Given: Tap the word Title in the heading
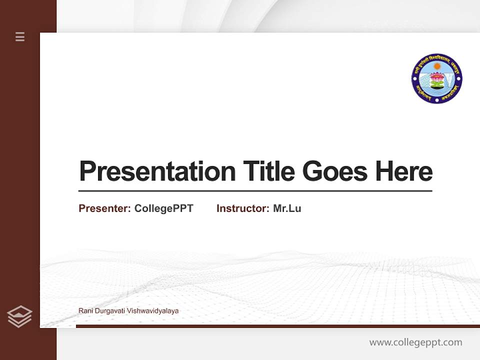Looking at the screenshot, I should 268,171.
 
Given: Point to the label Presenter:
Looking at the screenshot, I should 104,208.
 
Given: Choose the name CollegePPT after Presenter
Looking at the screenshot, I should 163,208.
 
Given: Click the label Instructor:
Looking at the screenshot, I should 242,208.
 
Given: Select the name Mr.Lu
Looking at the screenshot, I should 287,208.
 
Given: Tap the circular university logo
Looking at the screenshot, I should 436,78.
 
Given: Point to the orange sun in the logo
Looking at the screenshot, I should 437,66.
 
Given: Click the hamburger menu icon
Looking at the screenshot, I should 20,36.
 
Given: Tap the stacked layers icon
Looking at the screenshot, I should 19,316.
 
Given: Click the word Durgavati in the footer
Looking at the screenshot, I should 109,311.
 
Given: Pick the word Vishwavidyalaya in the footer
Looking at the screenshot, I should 153,311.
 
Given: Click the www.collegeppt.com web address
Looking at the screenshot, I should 415,342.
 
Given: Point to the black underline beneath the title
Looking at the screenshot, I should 255,191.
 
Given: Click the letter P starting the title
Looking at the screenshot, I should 87,171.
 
